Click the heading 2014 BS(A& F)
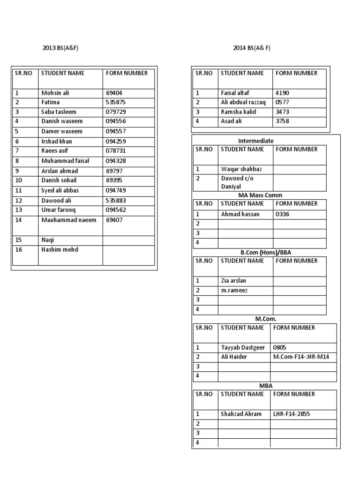[x=252, y=48]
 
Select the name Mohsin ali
[x=55, y=93]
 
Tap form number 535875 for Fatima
[x=117, y=103]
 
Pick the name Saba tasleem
[x=59, y=112]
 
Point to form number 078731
[x=117, y=151]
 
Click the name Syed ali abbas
[x=60, y=190]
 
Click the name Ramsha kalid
[x=239, y=112]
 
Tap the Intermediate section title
[x=256, y=141]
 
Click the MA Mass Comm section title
[x=261, y=195]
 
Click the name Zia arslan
[x=233, y=281]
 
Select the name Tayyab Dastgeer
[x=243, y=348]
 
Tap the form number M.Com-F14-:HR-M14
[x=301, y=357]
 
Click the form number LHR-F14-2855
[x=291, y=414]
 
